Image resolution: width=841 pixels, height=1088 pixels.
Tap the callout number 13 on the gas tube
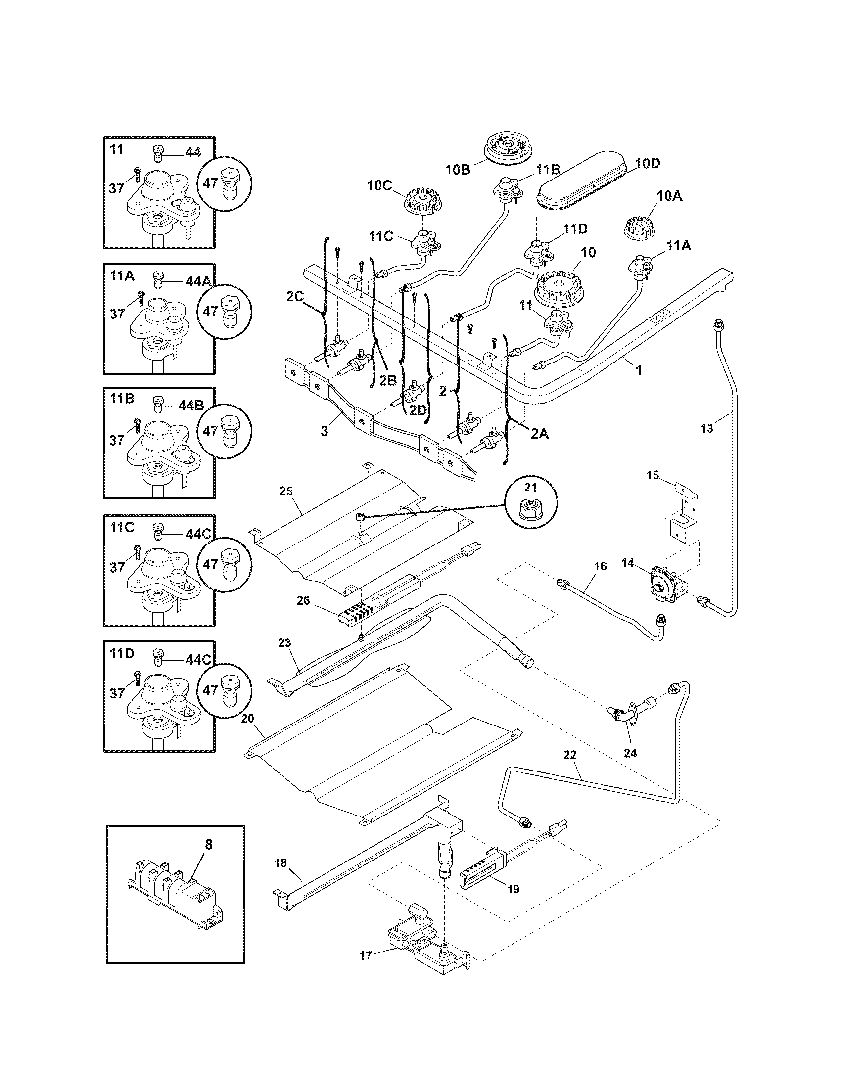click(x=706, y=428)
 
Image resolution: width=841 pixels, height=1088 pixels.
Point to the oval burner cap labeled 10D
click(x=587, y=183)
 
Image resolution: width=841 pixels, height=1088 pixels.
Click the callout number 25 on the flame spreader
click(x=286, y=492)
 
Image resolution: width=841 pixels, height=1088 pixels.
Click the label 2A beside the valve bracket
click(x=539, y=434)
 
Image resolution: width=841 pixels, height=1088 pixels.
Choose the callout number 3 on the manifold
click(x=325, y=430)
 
